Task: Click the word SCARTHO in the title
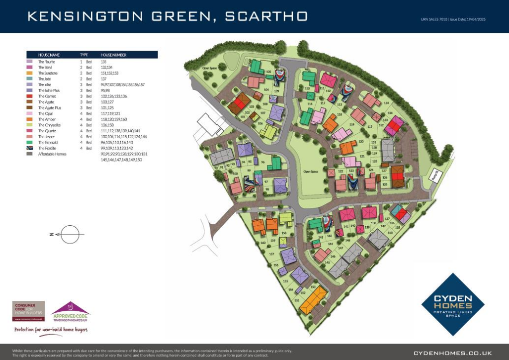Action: pos(266,16)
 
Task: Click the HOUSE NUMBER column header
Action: pos(113,55)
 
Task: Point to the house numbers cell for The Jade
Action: pos(103,79)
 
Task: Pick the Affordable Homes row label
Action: pos(52,154)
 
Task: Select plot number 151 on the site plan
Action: pos(297,300)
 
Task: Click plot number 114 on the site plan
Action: pos(386,103)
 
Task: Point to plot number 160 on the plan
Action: pos(263,243)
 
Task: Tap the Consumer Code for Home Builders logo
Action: pos(28,311)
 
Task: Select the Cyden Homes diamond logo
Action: pos(452,297)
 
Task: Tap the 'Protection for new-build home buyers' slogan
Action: pos(51,330)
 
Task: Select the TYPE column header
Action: pos(84,55)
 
